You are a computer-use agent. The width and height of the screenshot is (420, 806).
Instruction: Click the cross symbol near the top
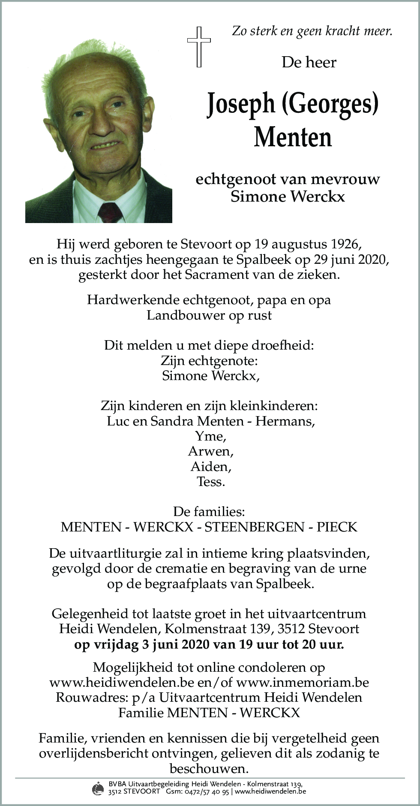click(199, 46)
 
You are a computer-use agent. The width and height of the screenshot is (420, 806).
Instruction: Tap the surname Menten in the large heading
click(293, 137)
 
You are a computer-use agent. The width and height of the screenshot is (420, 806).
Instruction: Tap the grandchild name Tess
click(210, 481)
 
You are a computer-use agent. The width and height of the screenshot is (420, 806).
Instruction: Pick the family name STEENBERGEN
click(254, 527)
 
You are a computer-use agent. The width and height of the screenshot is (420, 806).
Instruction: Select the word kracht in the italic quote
click(343, 31)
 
